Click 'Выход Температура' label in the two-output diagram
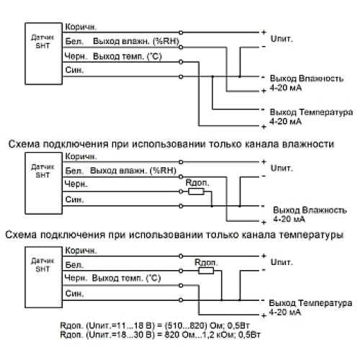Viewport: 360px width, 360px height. (x=310, y=112)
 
